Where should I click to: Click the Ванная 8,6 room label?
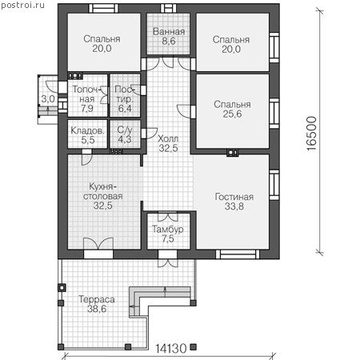point(169,36)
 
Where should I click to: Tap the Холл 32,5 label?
point(168,143)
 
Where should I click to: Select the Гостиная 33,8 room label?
point(234,202)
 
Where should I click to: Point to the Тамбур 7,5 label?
point(168,234)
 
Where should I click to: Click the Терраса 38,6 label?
point(97,304)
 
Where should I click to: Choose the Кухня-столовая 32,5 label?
point(103,196)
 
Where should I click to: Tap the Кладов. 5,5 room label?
point(88,135)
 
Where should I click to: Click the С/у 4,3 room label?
point(125,134)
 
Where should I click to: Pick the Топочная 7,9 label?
point(87,99)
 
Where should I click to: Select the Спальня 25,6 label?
point(232,109)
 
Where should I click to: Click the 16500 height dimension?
point(311,134)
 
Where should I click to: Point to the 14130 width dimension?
point(170,348)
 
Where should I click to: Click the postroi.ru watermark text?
point(22,6)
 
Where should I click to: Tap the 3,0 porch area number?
point(48,99)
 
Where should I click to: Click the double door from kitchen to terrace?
point(98,243)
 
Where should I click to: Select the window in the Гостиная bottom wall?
point(238,254)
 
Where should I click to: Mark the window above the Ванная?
point(169,8)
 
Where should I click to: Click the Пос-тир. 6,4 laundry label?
point(125,99)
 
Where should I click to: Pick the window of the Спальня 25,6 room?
point(274,113)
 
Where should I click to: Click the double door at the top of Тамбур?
point(168,217)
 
